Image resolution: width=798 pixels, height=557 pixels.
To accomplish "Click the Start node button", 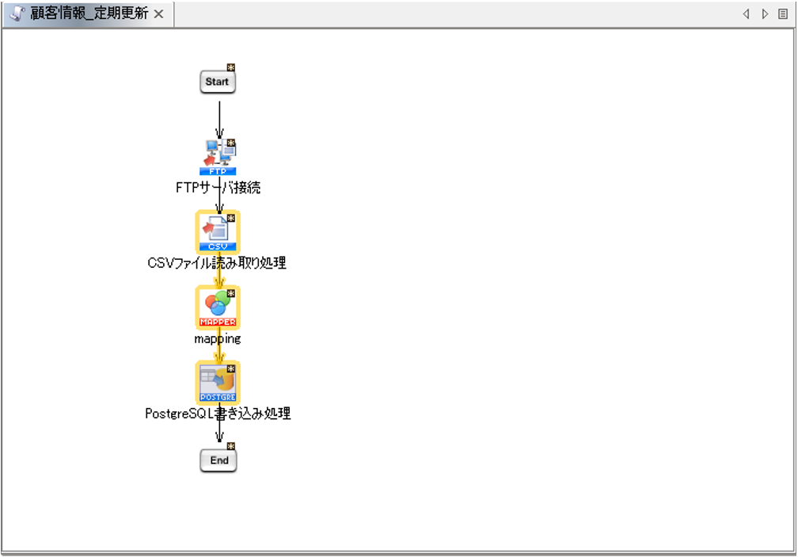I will (x=217, y=82).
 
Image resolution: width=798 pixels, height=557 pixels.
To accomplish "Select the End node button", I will (x=218, y=460).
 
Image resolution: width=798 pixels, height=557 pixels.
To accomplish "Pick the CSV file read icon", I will (x=218, y=231).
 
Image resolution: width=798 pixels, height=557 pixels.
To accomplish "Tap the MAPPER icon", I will (x=218, y=307).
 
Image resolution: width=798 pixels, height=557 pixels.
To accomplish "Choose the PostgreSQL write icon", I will (x=218, y=383).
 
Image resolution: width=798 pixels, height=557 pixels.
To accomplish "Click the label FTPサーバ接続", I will (x=218, y=188).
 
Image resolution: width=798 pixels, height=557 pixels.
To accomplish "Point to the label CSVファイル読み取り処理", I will (x=217, y=263).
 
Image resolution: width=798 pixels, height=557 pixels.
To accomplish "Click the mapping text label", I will (x=217, y=338).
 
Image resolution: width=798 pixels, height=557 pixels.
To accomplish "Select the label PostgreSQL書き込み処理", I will (x=218, y=414).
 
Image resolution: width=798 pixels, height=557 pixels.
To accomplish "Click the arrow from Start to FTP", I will (x=219, y=117).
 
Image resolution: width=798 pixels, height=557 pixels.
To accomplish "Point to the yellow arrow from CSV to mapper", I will (x=219, y=271).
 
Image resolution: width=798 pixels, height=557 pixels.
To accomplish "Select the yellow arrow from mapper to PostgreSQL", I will (x=219, y=349).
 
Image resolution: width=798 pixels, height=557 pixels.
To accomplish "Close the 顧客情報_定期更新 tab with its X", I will (x=158, y=14).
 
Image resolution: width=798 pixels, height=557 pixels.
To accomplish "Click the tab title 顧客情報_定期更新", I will (x=89, y=14).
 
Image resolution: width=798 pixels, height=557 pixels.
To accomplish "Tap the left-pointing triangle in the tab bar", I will (x=746, y=14).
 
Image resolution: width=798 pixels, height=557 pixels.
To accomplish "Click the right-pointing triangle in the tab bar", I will (x=764, y=14).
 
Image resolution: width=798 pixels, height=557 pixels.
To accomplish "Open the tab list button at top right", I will (x=783, y=14).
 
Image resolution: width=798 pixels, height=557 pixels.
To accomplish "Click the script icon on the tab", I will (x=17, y=14).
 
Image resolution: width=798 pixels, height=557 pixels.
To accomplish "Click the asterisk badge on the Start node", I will (x=231, y=67).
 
